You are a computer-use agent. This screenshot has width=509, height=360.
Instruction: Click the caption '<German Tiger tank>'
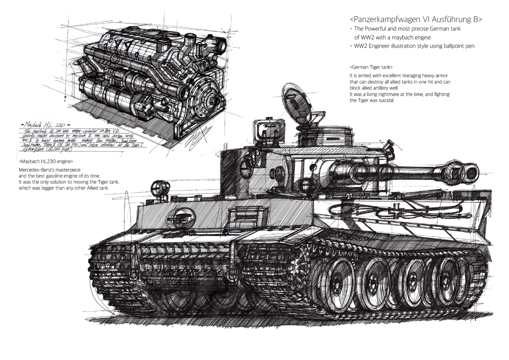[x=371, y=67]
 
